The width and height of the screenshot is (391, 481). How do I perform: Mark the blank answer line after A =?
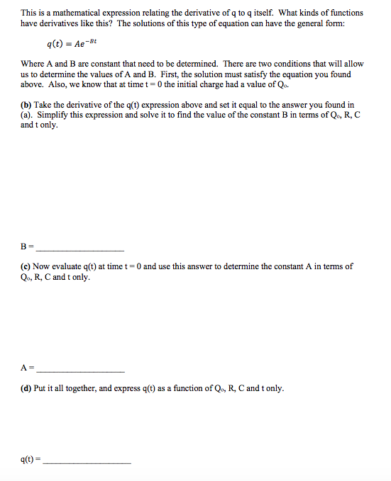coord(79,371)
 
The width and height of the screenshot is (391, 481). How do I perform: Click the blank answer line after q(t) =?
coord(87,462)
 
